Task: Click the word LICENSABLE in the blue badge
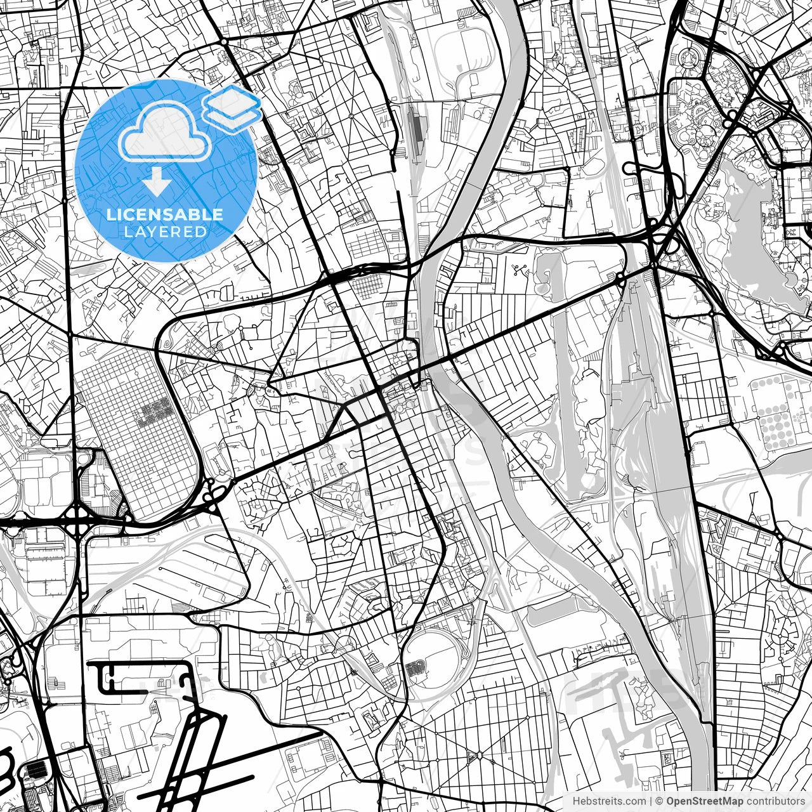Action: (x=165, y=214)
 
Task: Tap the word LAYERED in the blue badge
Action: (x=165, y=232)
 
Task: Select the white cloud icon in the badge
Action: (x=166, y=133)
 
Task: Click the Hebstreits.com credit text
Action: (x=605, y=801)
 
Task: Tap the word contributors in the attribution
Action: (x=775, y=801)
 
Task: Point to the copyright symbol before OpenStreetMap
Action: (x=659, y=801)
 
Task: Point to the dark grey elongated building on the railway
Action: (x=417, y=130)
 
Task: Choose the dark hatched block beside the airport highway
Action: (x=36, y=770)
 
